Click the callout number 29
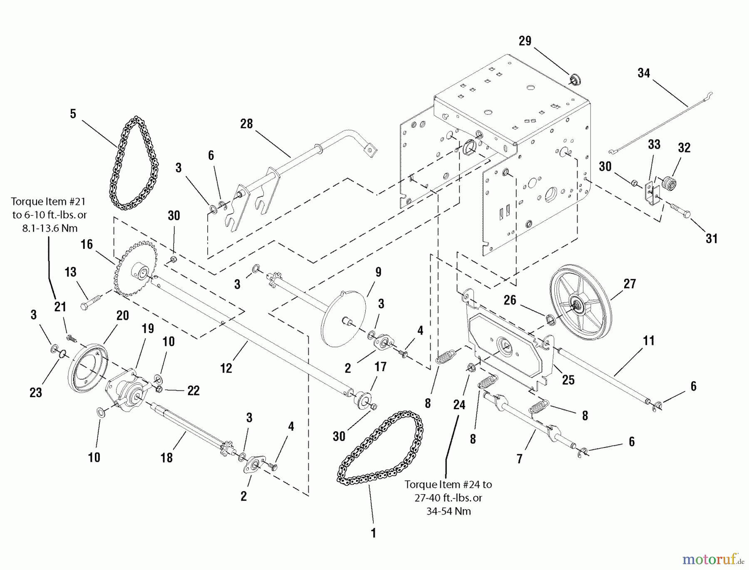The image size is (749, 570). point(525,41)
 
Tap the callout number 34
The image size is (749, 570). point(644,73)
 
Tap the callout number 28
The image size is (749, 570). point(247,124)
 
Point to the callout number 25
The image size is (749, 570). point(568,380)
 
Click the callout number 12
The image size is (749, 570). point(226,368)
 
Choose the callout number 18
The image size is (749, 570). point(166,457)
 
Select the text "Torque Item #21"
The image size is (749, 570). point(48,202)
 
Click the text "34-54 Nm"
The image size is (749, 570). point(449,511)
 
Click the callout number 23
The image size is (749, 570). point(36,392)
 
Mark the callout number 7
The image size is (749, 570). point(519,459)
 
